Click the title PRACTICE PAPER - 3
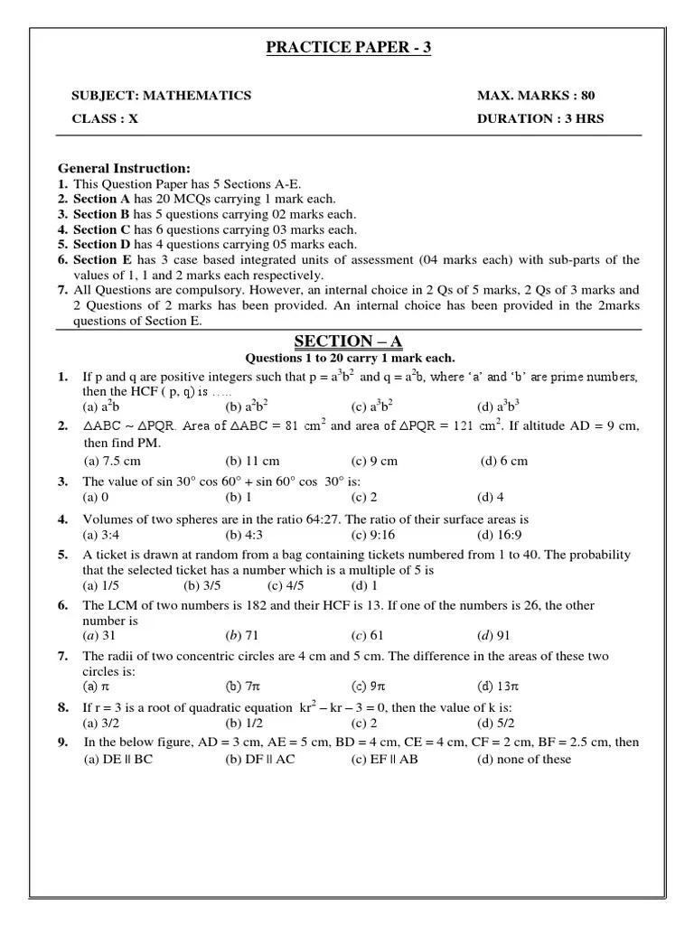348,47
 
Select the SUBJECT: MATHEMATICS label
162,96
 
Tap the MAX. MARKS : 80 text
536,96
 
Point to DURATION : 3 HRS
540,118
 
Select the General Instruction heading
125,168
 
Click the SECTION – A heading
348,341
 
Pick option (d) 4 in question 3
492,497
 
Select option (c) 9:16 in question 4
375,535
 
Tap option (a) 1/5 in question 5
101,585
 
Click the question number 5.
62,555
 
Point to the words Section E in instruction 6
95,260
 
